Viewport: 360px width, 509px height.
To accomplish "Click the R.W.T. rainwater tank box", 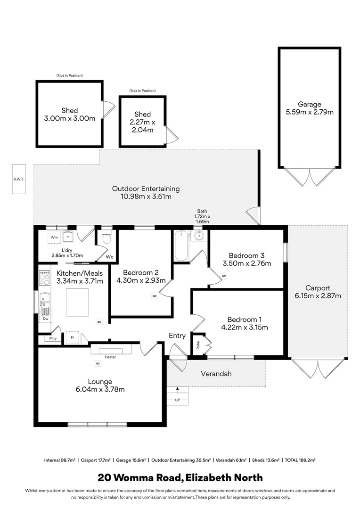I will [x=19, y=179].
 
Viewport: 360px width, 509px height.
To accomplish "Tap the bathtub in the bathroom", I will [x=181, y=245].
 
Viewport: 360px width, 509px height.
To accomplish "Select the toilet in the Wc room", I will [x=106, y=237].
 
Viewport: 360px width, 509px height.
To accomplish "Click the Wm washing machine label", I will [x=54, y=237].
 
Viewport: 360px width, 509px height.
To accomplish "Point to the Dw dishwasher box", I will [x=45, y=319].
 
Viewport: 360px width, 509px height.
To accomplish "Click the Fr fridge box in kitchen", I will [x=73, y=338].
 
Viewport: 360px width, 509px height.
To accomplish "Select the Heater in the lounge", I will [x=110, y=351].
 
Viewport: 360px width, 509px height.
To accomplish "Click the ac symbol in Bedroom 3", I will [x=224, y=276].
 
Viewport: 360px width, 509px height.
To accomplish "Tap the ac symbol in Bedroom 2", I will [x=154, y=296].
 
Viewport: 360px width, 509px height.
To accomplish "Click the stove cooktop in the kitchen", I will [x=44, y=278].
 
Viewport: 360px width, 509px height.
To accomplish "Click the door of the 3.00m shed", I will [x=109, y=109].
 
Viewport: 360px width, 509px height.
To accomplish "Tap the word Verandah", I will [x=216, y=374].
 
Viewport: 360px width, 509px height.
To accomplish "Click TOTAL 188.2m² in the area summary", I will [x=300, y=460].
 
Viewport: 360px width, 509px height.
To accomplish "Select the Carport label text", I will [x=318, y=288].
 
